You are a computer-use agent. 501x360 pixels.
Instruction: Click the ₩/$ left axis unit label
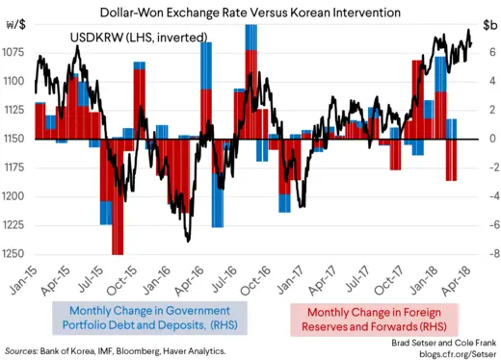pos(18,28)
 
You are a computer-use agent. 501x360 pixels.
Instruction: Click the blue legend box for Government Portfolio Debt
pos(142,319)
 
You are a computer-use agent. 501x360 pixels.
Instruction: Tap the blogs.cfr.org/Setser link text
pos(453,352)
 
